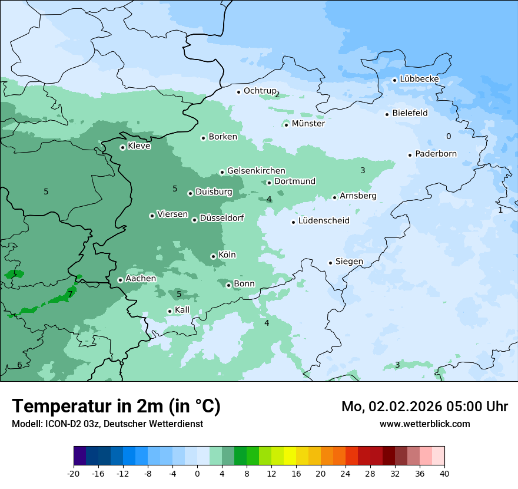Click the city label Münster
coord(308,124)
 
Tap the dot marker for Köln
coord(213,256)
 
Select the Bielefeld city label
coord(410,113)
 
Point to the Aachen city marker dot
coord(120,280)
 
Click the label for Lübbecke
coord(419,79)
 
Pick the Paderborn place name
coord(436,154)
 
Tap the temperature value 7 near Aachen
coord(70,294)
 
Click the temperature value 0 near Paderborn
coord(449,136)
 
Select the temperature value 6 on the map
coord(19,365)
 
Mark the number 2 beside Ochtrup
coord(277,94)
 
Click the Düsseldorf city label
coord(221,218)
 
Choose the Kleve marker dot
coord(122,147)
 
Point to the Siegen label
coord(349,262)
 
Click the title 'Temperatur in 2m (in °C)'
coord(116,407)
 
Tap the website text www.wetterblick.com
coord(424,424)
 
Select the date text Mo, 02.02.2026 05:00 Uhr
coord(424,407)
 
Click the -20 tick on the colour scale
coord(74,474)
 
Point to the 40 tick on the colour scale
coord(444,474)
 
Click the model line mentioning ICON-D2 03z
coord(107,424)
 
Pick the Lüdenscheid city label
coord(324,221)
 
